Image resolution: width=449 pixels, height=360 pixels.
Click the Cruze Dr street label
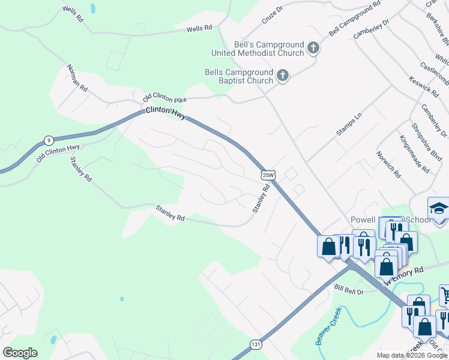pos(271,14)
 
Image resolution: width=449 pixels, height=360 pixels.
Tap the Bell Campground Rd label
pos(355,19)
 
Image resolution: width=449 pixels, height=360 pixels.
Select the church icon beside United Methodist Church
pos(313,48)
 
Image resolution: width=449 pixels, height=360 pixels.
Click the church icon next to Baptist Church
pos(282,76)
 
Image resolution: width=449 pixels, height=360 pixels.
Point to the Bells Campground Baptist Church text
pos(239,76)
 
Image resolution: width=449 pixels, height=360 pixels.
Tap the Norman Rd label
pos(77,78)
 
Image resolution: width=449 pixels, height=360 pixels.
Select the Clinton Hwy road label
pos(166,113)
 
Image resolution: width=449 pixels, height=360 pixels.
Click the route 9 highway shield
pos(48,140)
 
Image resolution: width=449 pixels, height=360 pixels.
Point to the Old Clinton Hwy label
pos(58,152)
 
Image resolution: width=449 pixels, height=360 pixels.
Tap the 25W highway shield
pos(268,175)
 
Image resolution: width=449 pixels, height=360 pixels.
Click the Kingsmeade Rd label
pos(414,154)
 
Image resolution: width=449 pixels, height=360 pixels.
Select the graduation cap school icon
pos(439,209)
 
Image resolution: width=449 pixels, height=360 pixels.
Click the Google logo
pos(20,353)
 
